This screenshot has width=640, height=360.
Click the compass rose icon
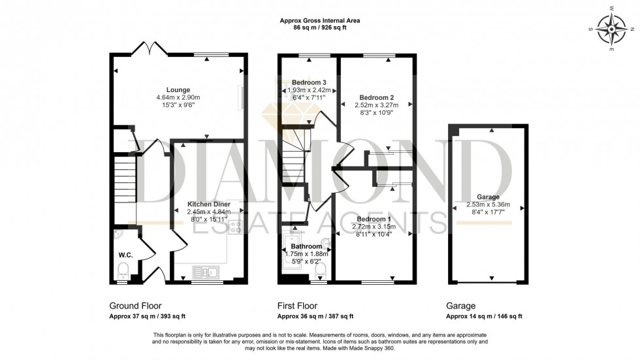pyautogui.click(x=613, y=29)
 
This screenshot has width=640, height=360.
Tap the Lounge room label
pyautogui.click(x=178, y=90)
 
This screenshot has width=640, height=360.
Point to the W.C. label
pyautogui.click(x=126, y=255)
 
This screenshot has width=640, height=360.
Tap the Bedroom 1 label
pyautogui.click(x=374, y=218)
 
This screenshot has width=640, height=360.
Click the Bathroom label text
pyautogui.click(x=307, y=246)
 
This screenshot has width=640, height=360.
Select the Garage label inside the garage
pyautogui.click(x=488, y=197)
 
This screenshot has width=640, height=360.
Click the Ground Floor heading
pyautogui.click(x=135, y=305)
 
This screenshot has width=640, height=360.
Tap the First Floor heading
pyautogui.click(x=298, y=305)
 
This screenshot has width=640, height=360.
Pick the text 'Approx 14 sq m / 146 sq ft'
pyautogui.click(x=484, y=316)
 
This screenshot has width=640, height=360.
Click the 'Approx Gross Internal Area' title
pyautogui.click(x=319, y=21)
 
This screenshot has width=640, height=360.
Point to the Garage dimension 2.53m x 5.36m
pyautogui.click(x=488, y=205)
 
